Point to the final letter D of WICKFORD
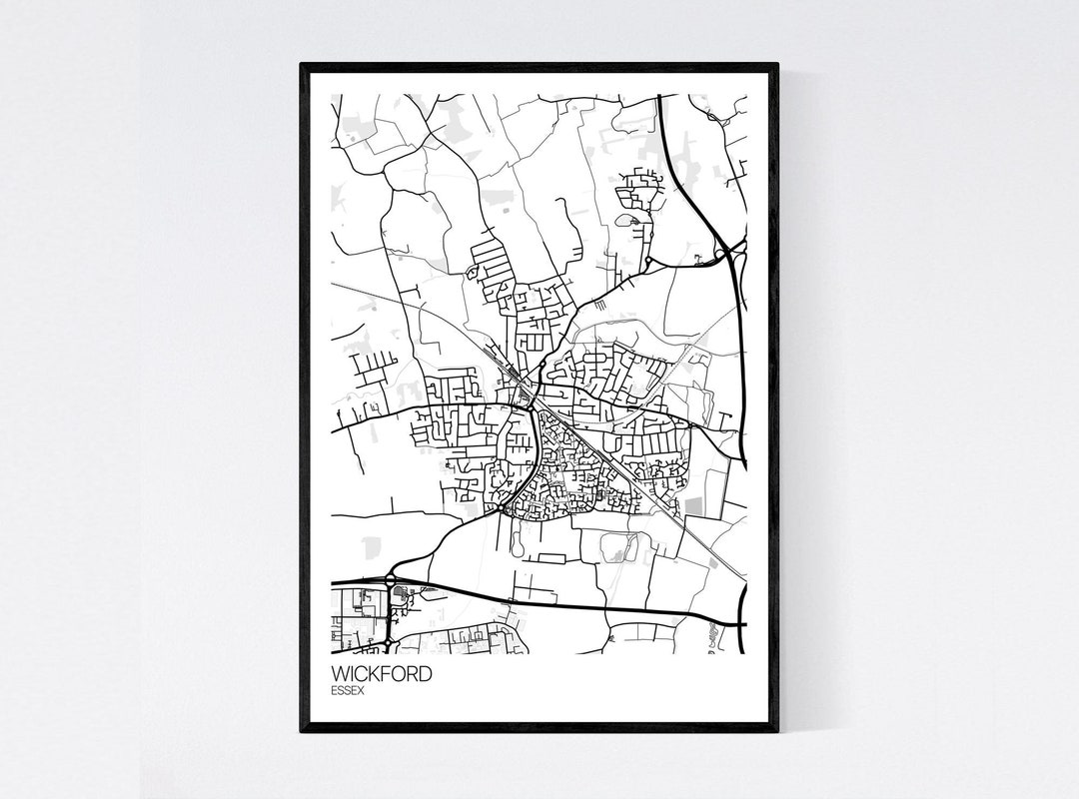click(426, 674)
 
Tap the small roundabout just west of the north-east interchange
click(649, 261)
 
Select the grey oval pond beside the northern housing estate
click(625, 220)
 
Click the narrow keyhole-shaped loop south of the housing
click(517, 540)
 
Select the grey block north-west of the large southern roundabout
click(372, 547)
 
